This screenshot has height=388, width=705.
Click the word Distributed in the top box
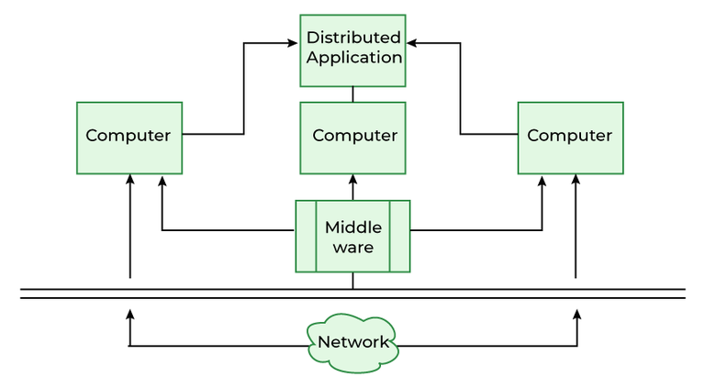coord(353,38)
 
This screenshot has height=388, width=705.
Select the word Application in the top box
coord(353,57)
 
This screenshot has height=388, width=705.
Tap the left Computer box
coord(129,136)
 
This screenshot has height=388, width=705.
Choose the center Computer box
coord(353,136)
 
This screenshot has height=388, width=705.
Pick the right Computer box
coord(569,136)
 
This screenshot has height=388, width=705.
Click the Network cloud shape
coord(352,342)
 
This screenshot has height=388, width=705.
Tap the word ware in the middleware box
coord(353,248)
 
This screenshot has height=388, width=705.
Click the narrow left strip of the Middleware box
coord(306,237)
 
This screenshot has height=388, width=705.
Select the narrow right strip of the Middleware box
coord(399,237)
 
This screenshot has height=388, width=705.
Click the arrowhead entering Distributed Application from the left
coord(295,42)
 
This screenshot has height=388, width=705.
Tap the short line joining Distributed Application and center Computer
coord(353,93)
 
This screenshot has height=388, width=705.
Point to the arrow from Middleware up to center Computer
coord(353,187)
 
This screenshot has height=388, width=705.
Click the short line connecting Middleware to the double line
coord(353,281)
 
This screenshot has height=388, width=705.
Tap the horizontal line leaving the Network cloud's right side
coord(487,346)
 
